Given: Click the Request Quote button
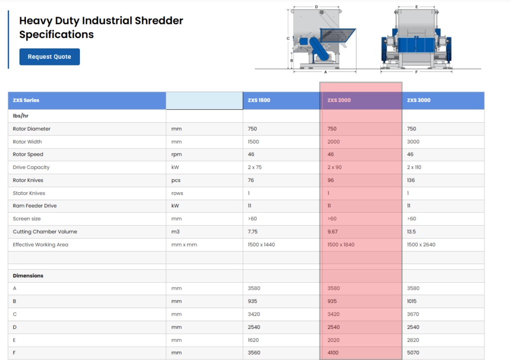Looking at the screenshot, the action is point(49,57).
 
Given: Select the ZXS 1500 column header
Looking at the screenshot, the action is point(259,100).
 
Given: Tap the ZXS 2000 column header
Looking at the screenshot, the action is point(339,100).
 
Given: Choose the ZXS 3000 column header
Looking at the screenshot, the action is point(419,100).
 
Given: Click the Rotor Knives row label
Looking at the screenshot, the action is point(28,180).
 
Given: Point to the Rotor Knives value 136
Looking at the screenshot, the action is point(411,180).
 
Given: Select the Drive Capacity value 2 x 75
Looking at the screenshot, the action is point(255,167).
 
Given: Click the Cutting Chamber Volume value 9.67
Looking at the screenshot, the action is point(332,232).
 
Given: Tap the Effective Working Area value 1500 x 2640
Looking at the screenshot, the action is point(421,245).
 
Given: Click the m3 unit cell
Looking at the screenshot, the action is point(175,232).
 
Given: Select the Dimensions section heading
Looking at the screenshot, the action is point(28,276).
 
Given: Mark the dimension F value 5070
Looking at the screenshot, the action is point(413,353).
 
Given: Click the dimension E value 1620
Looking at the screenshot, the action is point(253,340).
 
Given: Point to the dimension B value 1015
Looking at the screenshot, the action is point(412,301).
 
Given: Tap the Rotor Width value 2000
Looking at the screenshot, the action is point(333,141).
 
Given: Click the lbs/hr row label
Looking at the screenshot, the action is point(20,116).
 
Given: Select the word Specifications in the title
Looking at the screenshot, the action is point(56,34).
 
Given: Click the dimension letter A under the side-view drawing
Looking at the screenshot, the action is point(325,72).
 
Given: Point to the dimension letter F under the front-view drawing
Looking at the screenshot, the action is point(416,72).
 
